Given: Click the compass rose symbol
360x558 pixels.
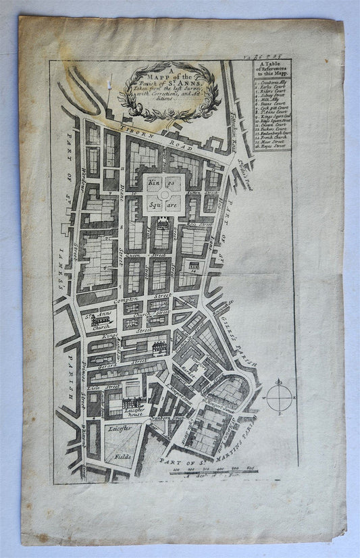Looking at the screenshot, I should [x=279, y=397].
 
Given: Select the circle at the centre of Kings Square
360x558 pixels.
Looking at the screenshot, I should [x=164, y=194].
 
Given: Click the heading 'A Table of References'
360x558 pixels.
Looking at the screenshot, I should [x=273, y=70].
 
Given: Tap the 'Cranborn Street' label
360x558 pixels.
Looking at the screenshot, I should [x=168, y=420].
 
